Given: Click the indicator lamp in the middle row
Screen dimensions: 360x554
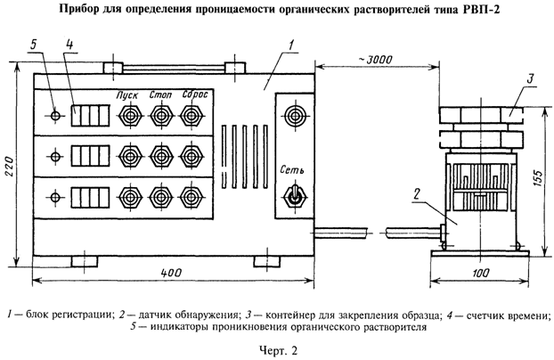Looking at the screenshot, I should pyautogui.click(x=56, y=156).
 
